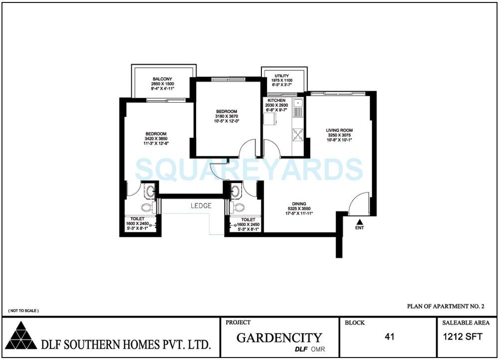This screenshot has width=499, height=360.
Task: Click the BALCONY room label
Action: tap(162, 79)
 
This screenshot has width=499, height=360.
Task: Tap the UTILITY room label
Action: tap(282, 76)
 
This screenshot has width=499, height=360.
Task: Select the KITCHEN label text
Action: tap(276, 100)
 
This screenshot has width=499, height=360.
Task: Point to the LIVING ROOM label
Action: tap(339, 130)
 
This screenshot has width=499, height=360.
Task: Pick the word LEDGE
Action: tap(201, 206)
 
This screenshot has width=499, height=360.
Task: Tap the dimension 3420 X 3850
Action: tap(156, 139)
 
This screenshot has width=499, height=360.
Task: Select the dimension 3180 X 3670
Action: tap(227, 116)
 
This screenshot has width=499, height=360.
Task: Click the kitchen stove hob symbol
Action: tap(298, 134)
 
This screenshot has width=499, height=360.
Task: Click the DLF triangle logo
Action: tap(21, 337)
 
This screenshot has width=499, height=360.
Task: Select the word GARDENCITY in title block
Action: tap(279, 338)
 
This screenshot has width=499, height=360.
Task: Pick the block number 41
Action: tap(390, 337)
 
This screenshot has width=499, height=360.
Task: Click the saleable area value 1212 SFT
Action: tap(463, 337)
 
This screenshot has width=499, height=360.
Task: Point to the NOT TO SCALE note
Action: tap(23, 311)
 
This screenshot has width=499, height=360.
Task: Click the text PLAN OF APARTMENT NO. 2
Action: tap(446, 306)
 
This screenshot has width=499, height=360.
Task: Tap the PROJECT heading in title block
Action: tap(238, 323)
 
